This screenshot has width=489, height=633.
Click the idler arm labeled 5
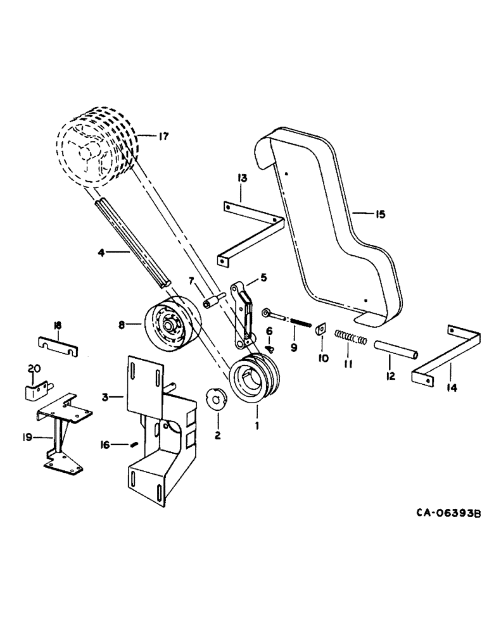pos(242,315)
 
